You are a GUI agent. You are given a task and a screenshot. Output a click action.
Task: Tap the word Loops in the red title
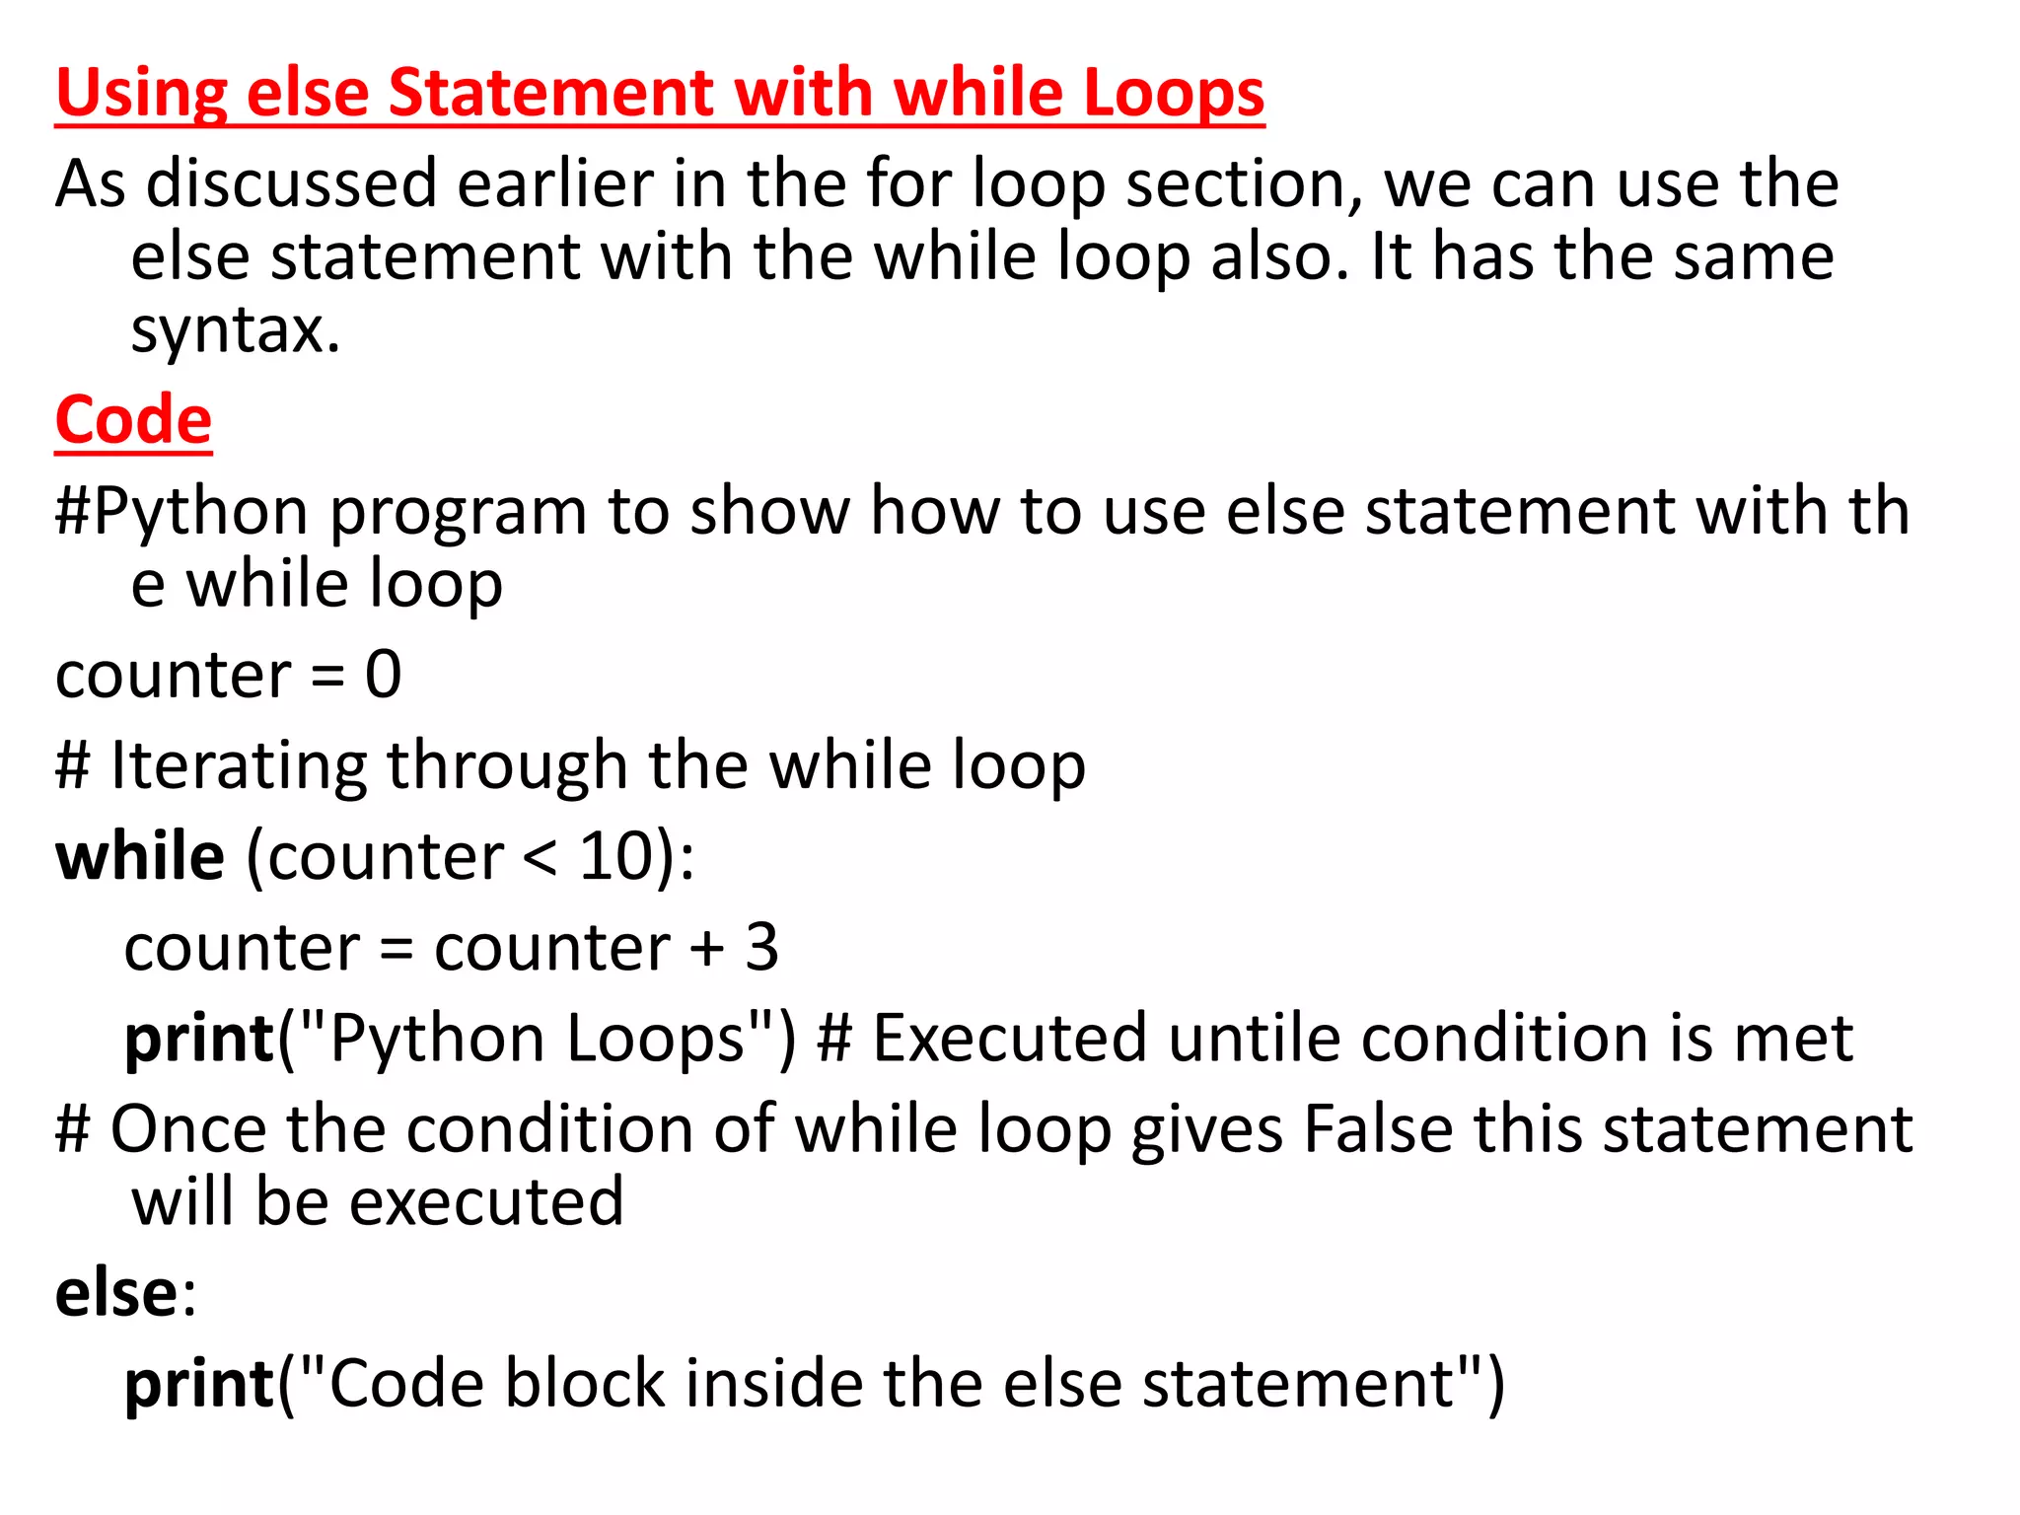click(x=1174, y=93)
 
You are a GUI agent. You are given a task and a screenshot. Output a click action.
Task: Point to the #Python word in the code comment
click(x=182, y=511)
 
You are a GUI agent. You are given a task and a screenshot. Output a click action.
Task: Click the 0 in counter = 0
click(x=384, y=675)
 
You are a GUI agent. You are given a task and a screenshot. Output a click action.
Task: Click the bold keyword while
click(x=140, y=856)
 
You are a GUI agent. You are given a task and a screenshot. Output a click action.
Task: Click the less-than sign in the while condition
click(x=540, y=858)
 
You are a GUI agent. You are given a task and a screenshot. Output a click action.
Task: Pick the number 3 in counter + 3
click(x=761, y=947)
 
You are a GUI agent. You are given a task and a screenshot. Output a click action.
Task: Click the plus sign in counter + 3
click(x=707, y=949)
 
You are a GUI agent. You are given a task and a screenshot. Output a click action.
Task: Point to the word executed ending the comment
click(x=486, y=1201)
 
